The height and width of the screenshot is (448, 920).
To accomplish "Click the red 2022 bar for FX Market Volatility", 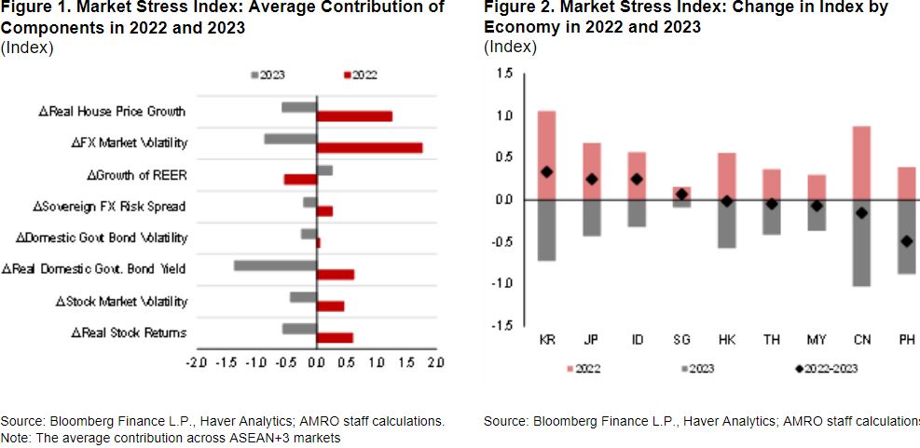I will coord(369,148).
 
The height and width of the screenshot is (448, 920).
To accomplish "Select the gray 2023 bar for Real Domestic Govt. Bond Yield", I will coord(275,265).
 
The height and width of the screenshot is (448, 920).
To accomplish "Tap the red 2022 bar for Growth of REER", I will coord(300,179).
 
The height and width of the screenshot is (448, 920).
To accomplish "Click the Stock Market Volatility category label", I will coord(121,301).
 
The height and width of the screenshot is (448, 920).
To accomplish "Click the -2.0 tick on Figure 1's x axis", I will coord(197,361).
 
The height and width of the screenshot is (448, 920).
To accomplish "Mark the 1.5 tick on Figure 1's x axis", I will coord(405,361).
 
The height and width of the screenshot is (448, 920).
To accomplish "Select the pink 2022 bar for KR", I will coord(547,155).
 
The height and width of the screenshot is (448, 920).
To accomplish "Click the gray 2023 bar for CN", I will coord(861,242).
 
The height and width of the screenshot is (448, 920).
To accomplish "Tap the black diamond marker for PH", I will coord(906,241).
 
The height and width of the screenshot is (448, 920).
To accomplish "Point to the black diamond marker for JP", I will coord(592,179).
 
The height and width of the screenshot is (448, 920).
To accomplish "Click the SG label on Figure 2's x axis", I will coord(681,340).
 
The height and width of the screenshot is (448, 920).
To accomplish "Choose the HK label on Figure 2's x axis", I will coord(726,340).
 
